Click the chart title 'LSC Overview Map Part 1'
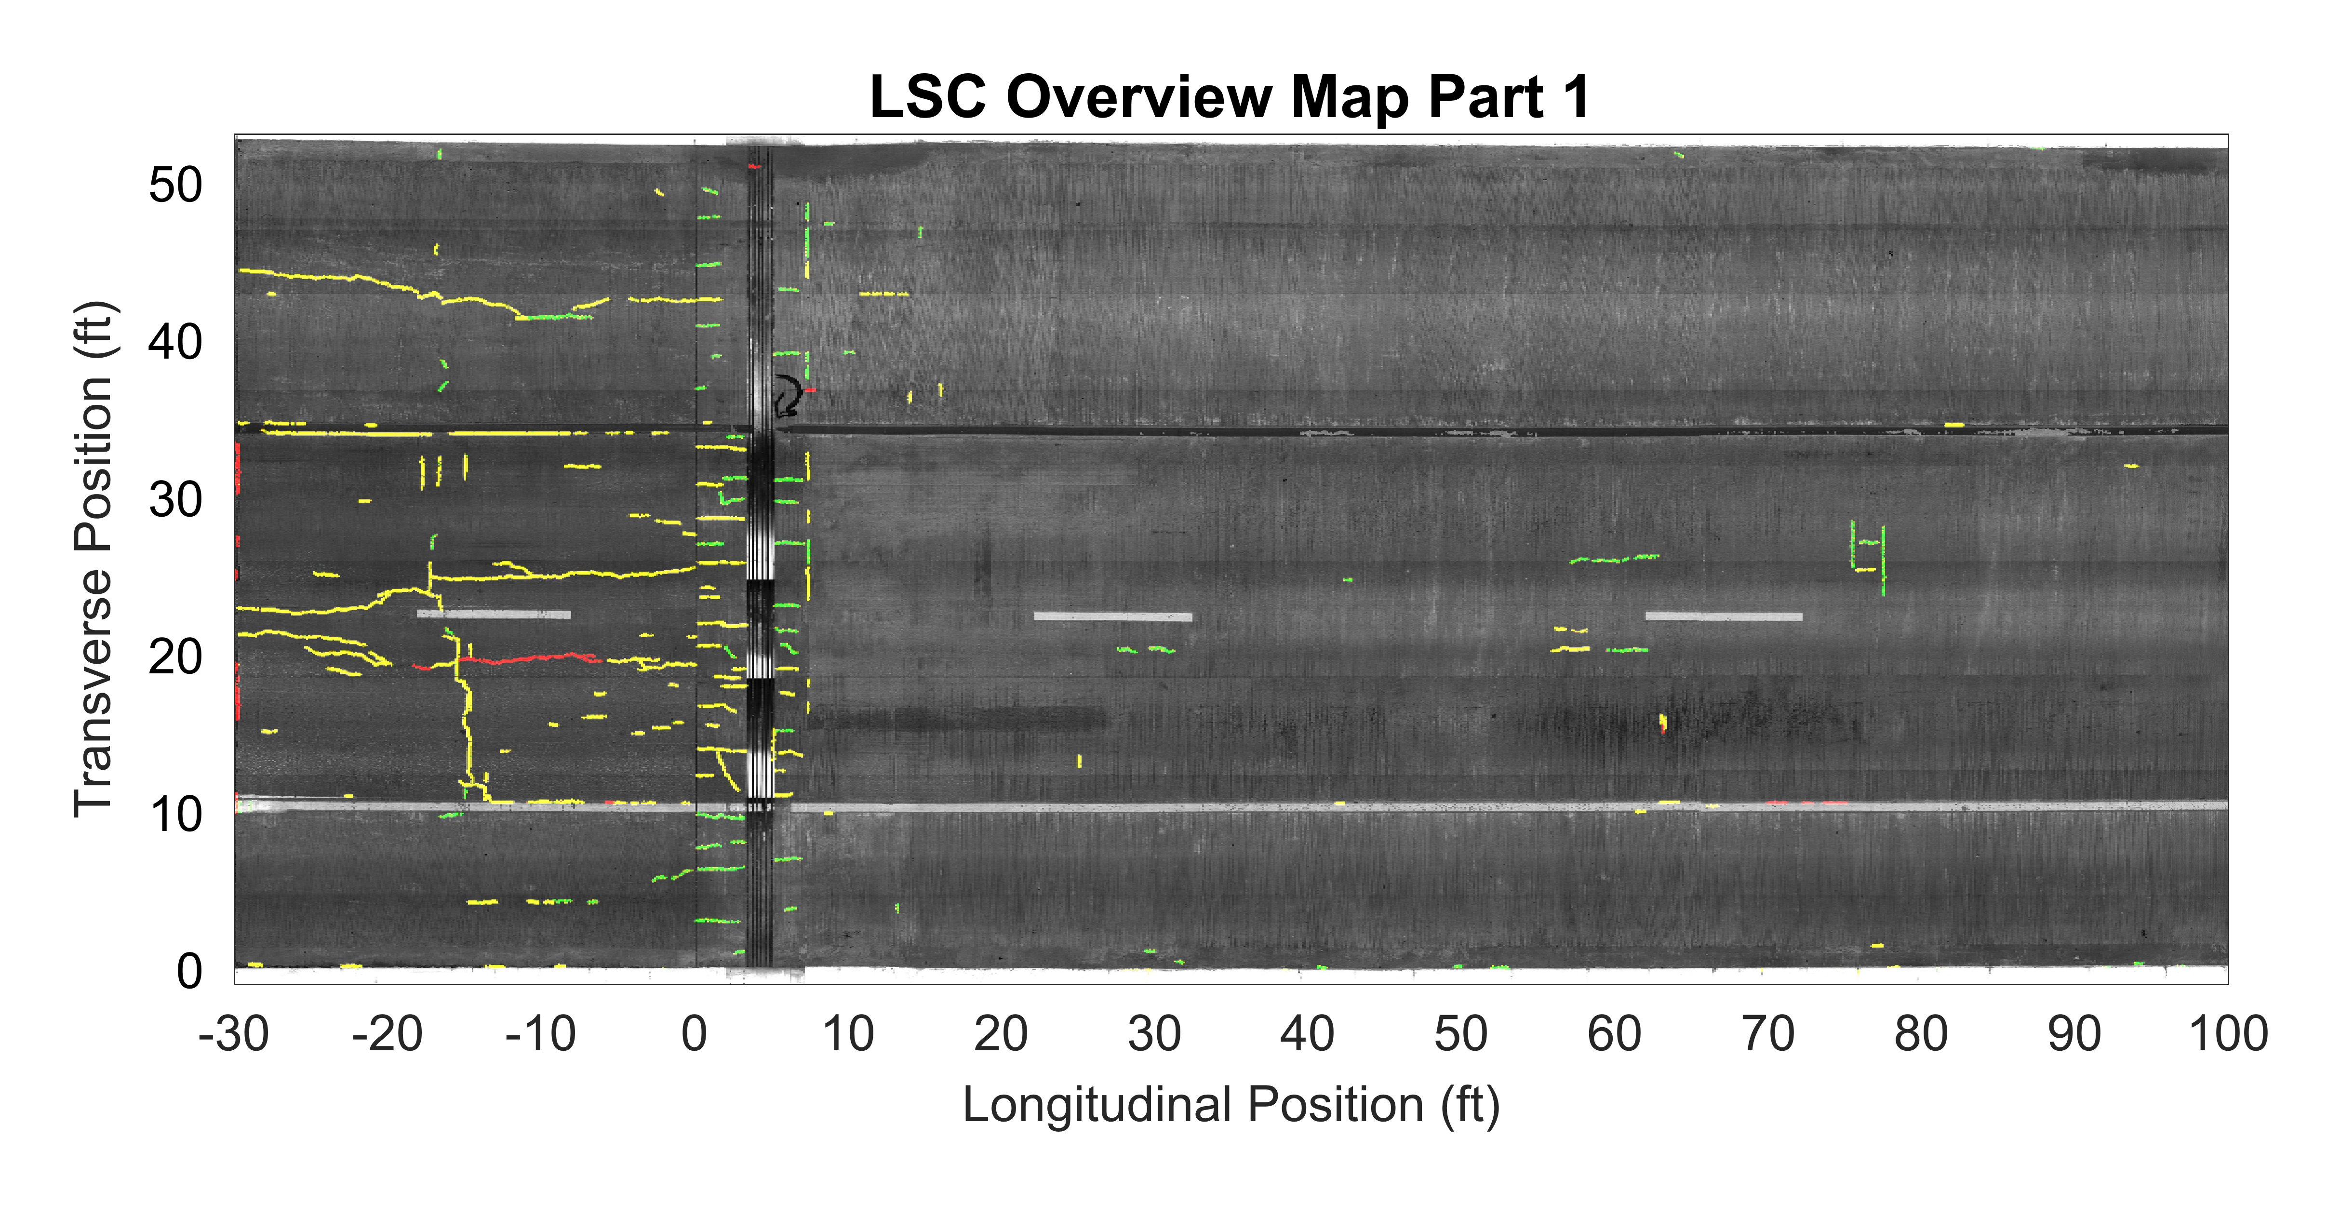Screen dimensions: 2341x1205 tap(1230, 96)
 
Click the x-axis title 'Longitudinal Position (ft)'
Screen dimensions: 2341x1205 tap(1231, 1105)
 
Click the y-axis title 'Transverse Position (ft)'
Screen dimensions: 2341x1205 tap(94, 559)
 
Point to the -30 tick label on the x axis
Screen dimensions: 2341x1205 tap(234, 1034)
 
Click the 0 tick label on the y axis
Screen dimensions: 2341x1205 tap(190, 971)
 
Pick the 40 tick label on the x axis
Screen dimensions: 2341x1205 tap(1307, 1034)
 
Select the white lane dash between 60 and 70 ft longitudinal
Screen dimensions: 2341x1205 tap(1724, 616)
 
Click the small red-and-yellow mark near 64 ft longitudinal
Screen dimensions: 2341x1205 tap(1662, 723)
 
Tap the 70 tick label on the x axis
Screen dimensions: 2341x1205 tap(1767, 1034)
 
